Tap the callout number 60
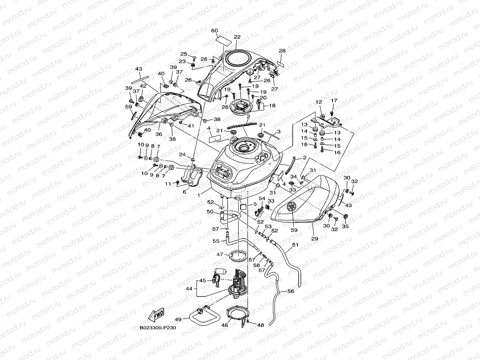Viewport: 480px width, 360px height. click(215, 31)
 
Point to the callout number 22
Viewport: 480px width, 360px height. click(237, 37)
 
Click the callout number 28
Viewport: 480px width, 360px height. click(282, 51)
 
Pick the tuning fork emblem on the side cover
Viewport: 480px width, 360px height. click(291, 207)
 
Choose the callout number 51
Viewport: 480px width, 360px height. click(295, 245)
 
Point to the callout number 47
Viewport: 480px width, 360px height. click(220, 255)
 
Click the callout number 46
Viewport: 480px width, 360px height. click(225, 326)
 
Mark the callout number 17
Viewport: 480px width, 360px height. click(334, 101)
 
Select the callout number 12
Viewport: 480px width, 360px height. click(319, 103)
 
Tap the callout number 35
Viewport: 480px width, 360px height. click(346, 227)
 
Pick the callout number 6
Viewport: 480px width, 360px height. click(184, 192)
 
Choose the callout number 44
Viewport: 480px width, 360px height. click(189, 289)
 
